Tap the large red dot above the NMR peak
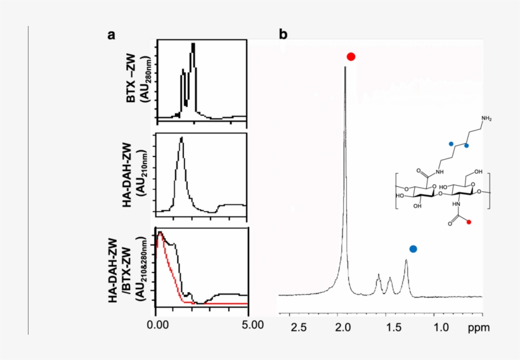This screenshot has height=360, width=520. click(x=351, y=56)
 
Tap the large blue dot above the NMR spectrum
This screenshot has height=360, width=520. click(x=413, y=249)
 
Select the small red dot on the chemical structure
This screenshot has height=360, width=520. click(x=469, y=222)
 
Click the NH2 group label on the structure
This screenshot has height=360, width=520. click(x=486, y=119)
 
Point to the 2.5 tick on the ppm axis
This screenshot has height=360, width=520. click(x=298, y=327)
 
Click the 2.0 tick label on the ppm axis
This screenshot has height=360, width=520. click(x=343, y=327)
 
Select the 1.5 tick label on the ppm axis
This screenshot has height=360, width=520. click(x=393, y=327)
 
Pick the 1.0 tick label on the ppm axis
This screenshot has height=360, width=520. click(x=441, y=327)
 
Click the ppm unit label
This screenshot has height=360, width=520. click(x=476, y=328)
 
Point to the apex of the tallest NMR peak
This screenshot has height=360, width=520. click(x=345, y=67)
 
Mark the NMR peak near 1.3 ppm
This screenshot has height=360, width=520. click(x=406, y=261)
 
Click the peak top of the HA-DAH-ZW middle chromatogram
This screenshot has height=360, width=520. click(x=181, y=138)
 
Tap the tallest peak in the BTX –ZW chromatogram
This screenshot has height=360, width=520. click(x=193, y=44)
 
